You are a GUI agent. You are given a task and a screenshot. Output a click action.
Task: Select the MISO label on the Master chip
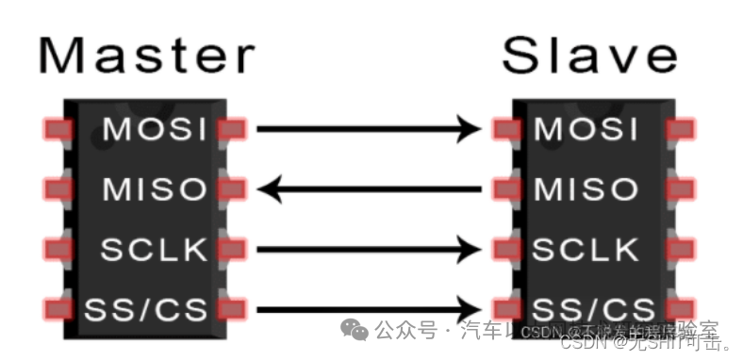(x=154, y=189)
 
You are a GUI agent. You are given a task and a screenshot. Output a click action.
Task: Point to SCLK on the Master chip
(x=154, y=250)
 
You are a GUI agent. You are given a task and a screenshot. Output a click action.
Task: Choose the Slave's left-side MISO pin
(x=506, y=189)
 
